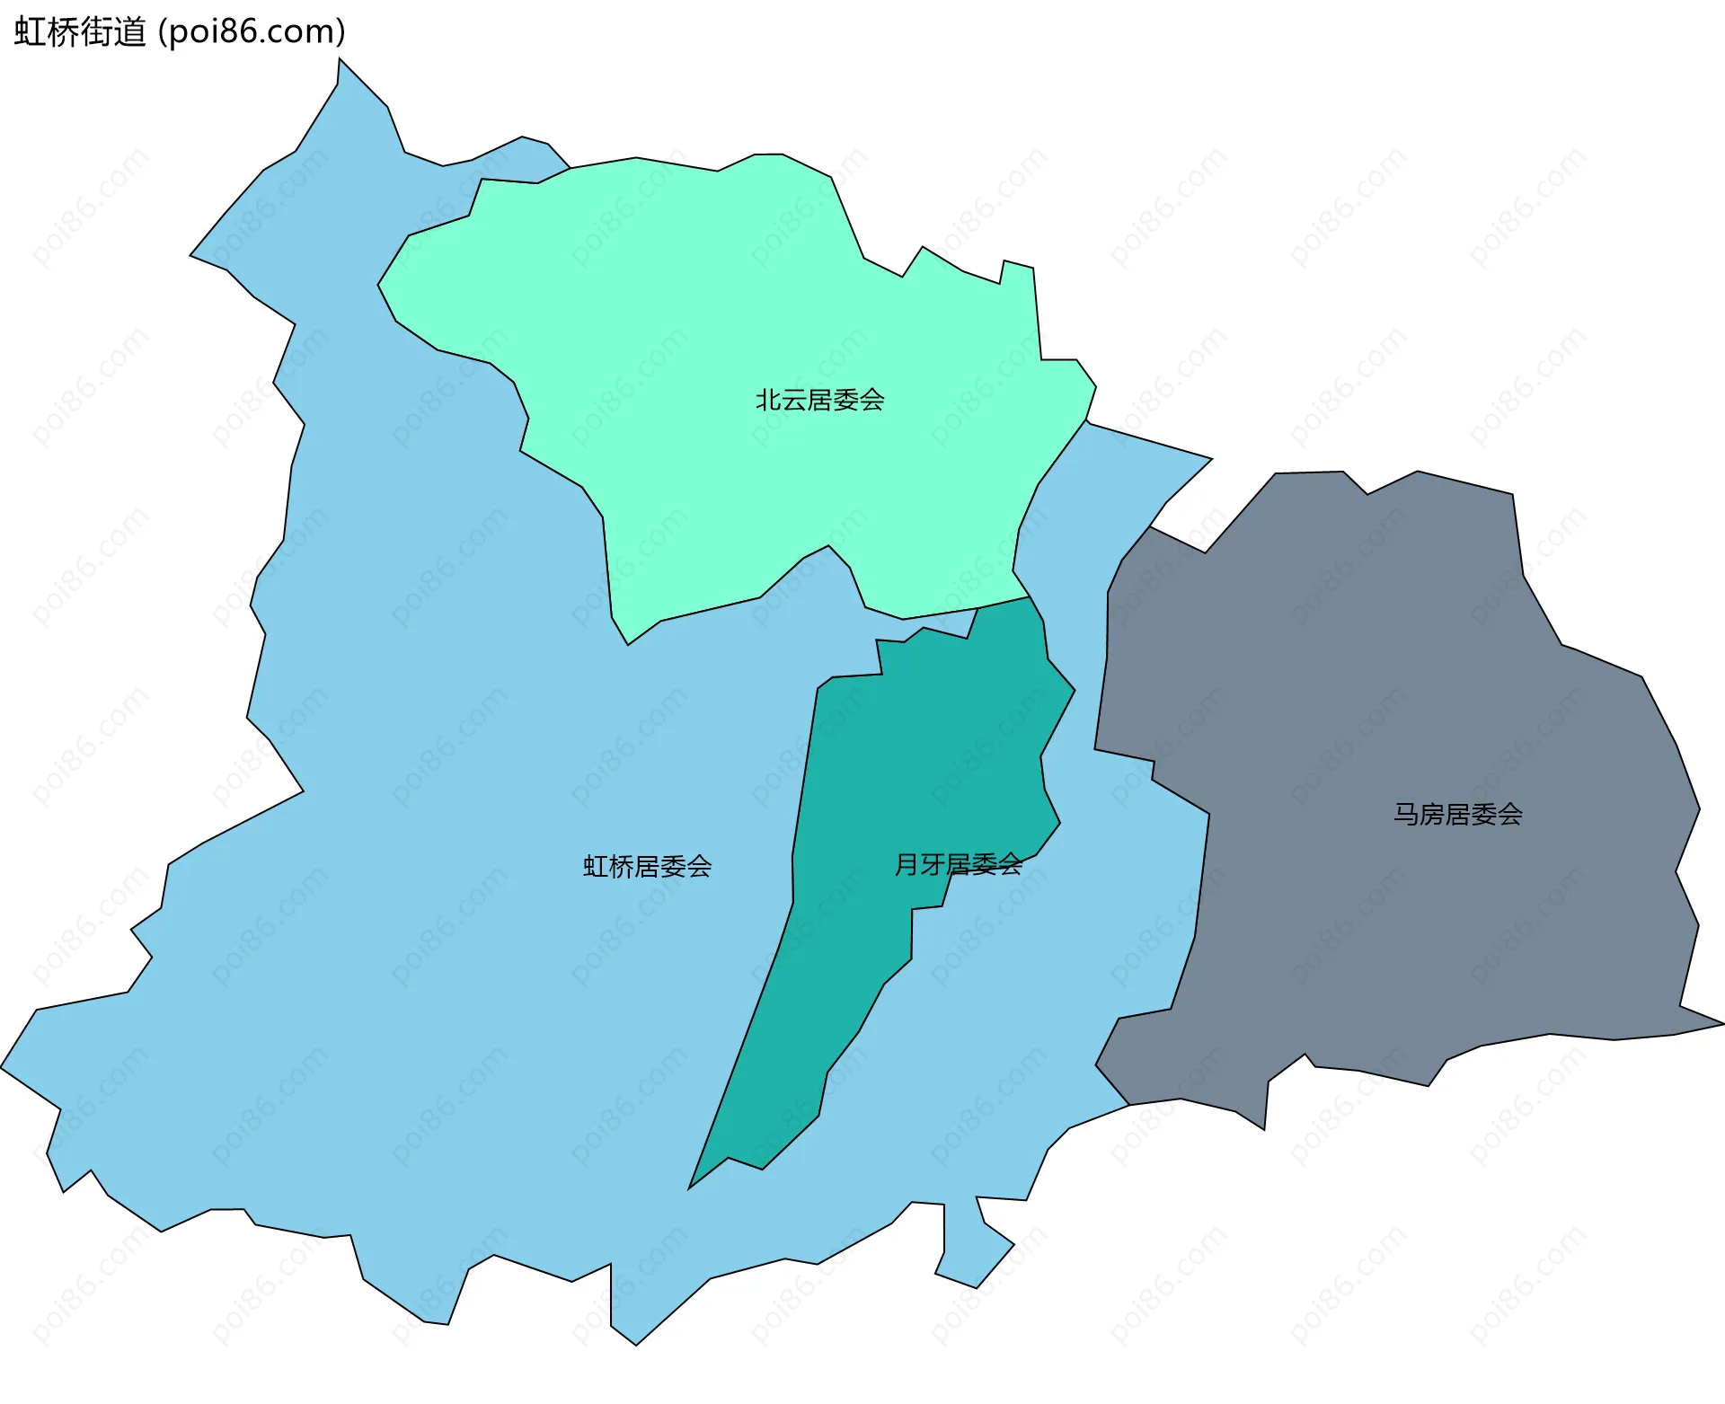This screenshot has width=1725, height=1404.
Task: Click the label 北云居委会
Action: pyautogui.click(x=819, y=400)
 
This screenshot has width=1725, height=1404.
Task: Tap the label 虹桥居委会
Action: pyautogui.click(x=647, y=866)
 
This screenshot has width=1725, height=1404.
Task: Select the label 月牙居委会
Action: pyautogui.click(x=958, y=864)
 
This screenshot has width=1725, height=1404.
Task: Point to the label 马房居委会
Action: pyautogui.click(x=1457, y=814)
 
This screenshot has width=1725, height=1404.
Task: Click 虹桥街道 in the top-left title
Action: pyautogui.click(x=80, y=32)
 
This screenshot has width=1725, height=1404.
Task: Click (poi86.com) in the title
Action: pyautogui.click(x=252, y=32)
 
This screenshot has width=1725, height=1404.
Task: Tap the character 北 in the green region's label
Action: pyautogui.click(x=768, y=400)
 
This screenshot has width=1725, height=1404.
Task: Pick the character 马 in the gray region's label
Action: pyautogui.click(x=1406, y=814)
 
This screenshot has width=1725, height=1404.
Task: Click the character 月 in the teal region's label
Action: pyautogui.click(x=907, y=864)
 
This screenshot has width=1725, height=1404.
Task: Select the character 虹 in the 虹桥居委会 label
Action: pyautogui.click(x=596, y=866)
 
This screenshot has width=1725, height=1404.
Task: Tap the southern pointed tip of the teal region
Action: pyautogui.click(x=692, y=1185)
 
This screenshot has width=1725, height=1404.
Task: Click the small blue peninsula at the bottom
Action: pyautogui.click(x=975, y=1253)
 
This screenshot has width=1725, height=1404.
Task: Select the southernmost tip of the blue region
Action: pyautogui.click(x=635, y=1342)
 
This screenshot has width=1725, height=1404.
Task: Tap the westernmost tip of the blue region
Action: pyautogui.click(x=4, y=1068)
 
